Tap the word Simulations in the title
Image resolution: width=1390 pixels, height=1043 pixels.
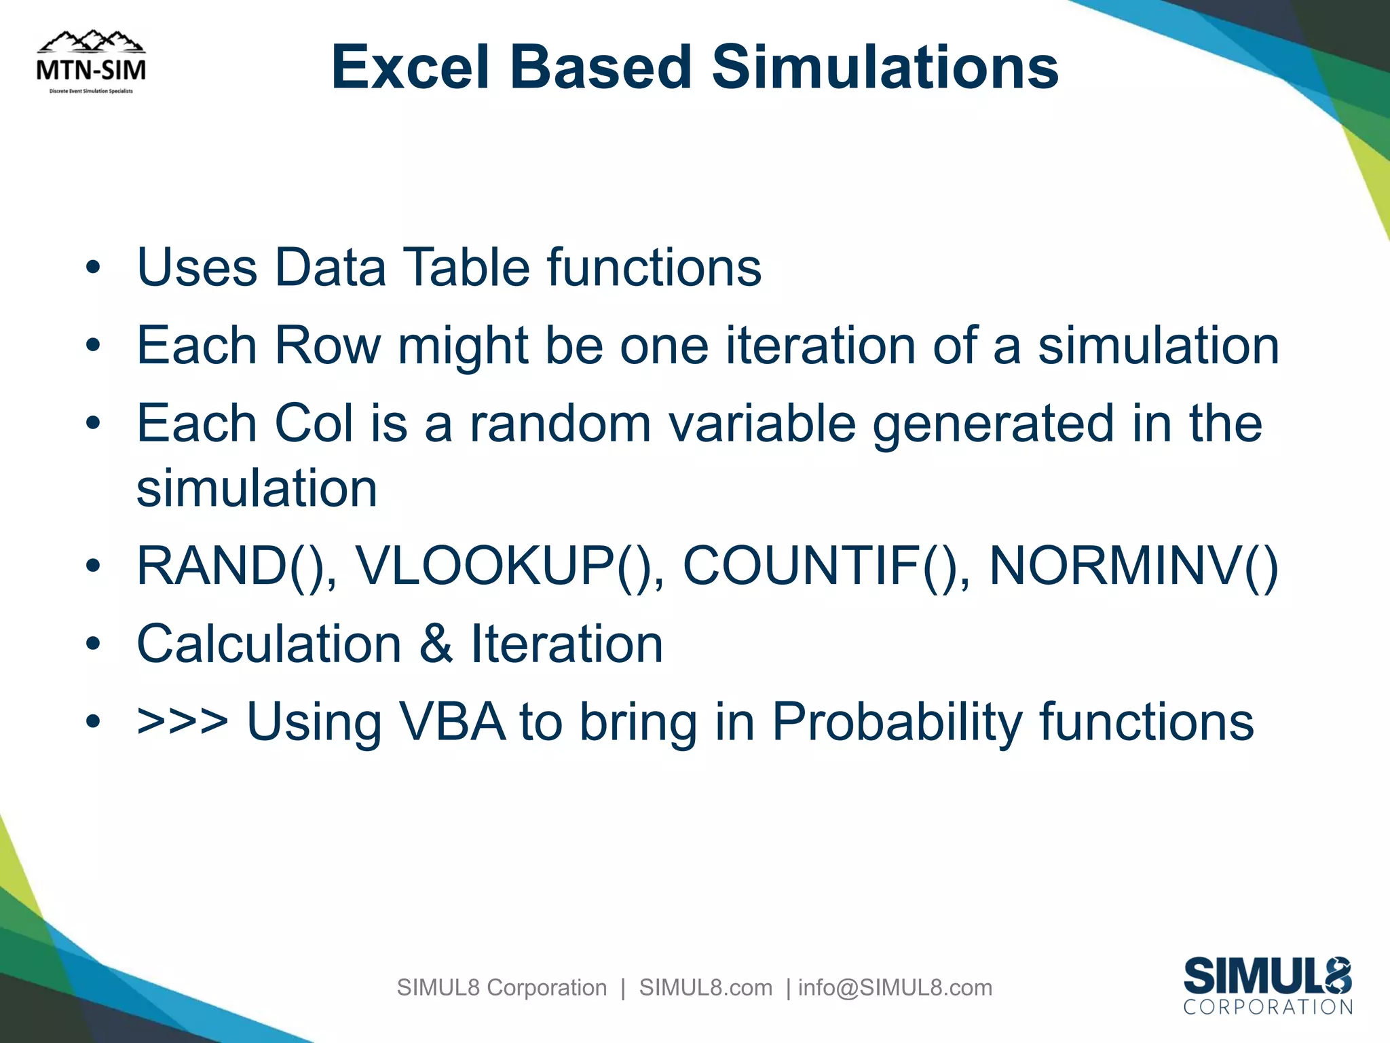885,67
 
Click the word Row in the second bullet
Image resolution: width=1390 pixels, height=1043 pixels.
327,346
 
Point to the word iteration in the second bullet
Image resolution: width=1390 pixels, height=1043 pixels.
821,346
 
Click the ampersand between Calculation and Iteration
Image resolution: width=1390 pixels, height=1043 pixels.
436,644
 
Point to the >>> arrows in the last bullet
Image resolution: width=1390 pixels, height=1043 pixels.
182,722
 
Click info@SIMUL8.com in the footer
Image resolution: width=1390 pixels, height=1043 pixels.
895,987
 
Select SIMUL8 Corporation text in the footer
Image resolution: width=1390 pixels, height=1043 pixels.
502,987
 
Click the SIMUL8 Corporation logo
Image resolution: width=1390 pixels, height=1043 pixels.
1267,985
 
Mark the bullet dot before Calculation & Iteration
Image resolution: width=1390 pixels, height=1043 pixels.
93,644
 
